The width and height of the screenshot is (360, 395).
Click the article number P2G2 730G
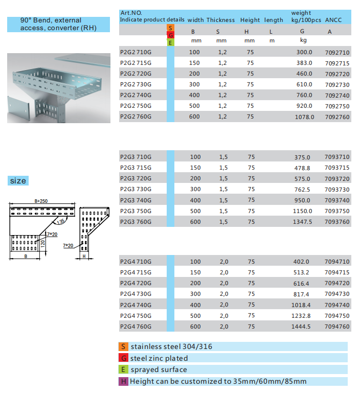[136, 84]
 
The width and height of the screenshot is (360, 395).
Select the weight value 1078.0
[304, 117]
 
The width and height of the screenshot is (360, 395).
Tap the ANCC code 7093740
[337, 200]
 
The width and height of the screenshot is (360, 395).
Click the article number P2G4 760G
[136, 327]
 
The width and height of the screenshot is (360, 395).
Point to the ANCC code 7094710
[337, 262]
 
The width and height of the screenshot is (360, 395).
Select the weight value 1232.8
[301, 316]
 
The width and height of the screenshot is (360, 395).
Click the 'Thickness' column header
[220, 20]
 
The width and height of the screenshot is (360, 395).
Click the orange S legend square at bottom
[123, 346]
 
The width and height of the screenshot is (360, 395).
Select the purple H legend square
[123, 381]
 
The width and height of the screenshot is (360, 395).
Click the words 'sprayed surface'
[159, 369]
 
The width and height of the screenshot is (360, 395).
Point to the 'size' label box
[18, 181]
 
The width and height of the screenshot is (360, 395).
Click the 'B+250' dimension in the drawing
[41, 201]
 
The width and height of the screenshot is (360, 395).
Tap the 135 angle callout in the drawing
[61, 221]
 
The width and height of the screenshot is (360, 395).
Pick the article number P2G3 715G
[136, 168]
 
